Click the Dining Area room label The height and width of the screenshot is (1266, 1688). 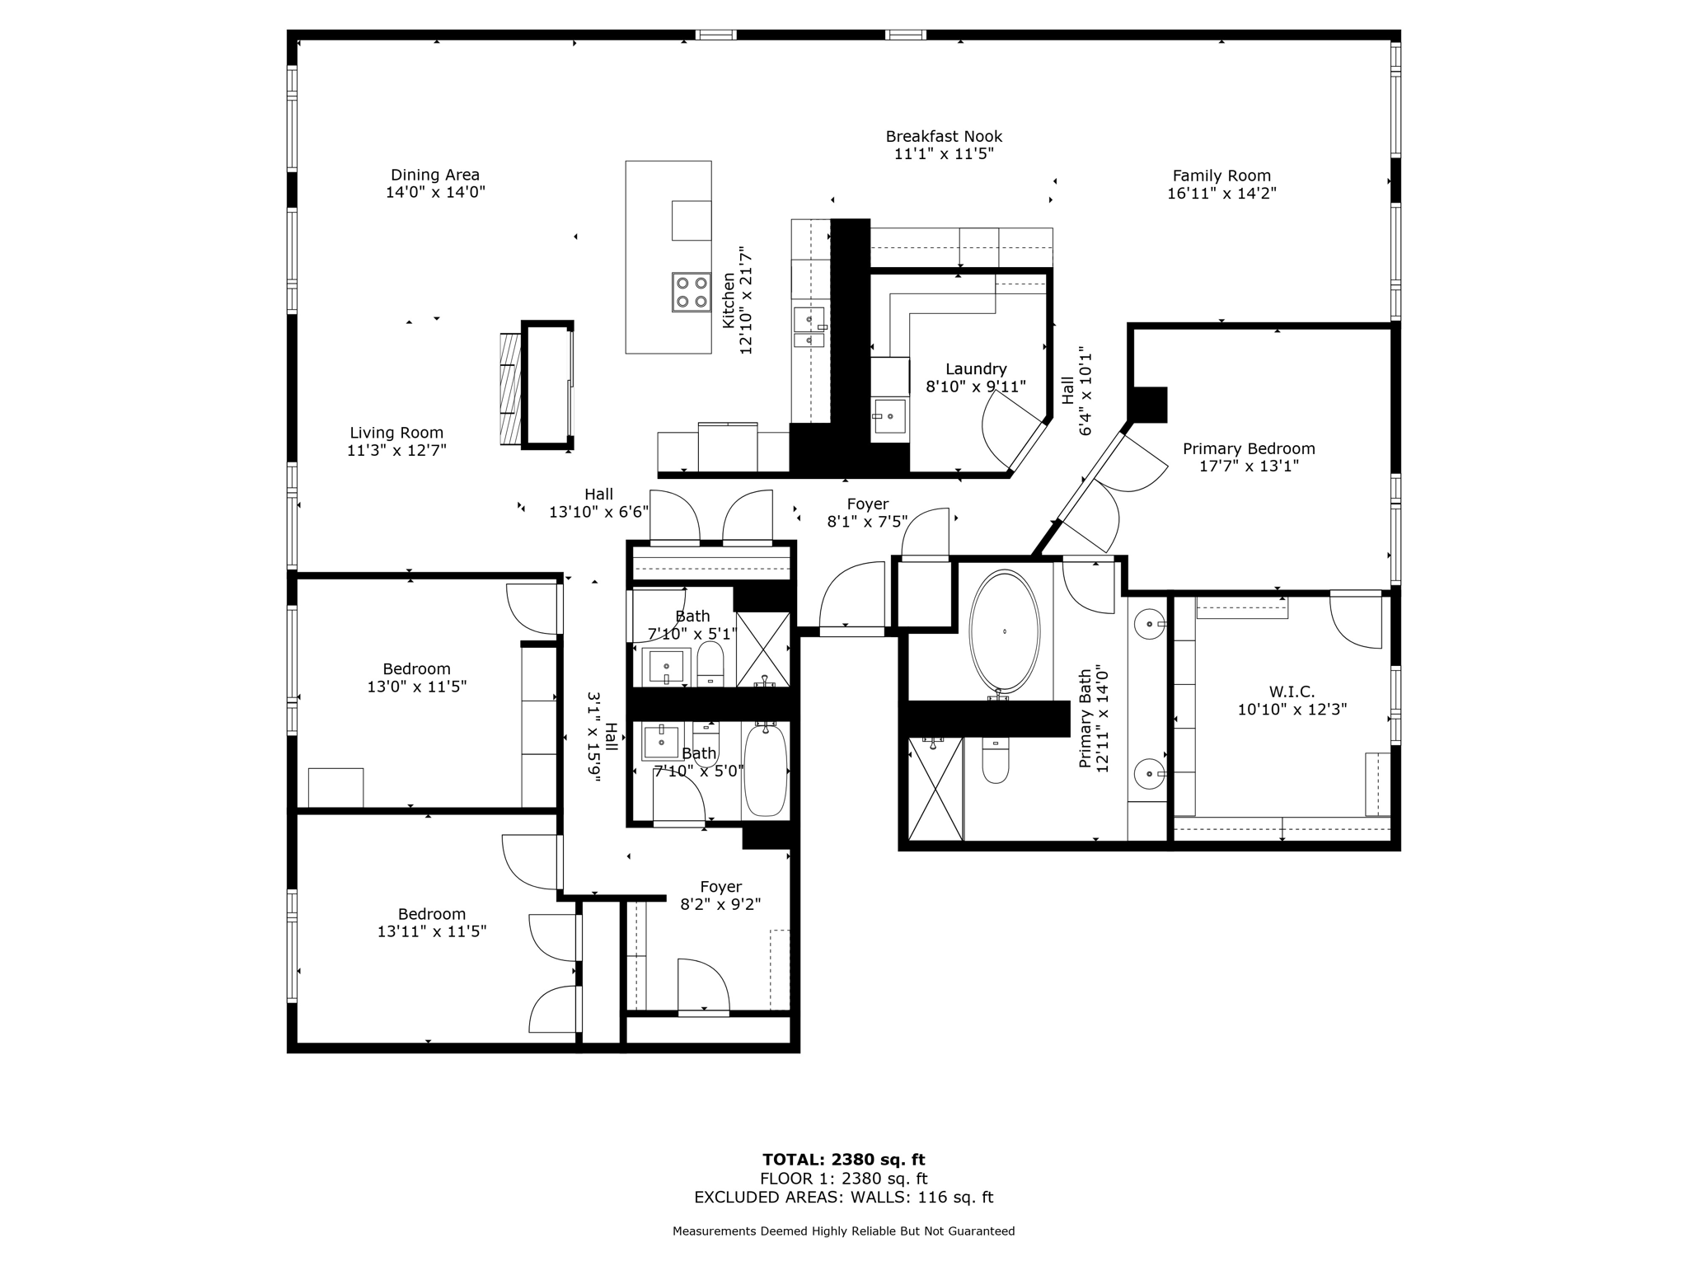click(x=434, y=175)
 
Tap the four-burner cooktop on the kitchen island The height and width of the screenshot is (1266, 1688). click(x=692, y=293)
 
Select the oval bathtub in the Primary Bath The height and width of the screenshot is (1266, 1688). click(x=1004, y=631)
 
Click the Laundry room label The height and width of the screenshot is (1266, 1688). click(x=976, y=369)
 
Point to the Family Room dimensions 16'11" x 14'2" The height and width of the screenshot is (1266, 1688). click(x=1221, y=194)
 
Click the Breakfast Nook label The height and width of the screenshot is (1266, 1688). click(x=944, y=137)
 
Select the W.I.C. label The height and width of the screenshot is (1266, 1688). click(x=1292, y=692)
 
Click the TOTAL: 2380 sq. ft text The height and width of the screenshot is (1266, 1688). click(x=843, y=1160)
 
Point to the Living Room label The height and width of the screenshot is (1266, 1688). click(x=396, y=433)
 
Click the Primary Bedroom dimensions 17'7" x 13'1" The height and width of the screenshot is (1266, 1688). click(x=1250, y=467)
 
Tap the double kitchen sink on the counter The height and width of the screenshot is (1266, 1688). click(x=809, y=326)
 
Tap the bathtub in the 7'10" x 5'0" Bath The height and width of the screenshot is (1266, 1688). click(x=765, y=770)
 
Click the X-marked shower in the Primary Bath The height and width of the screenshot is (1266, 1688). click(x=935, y=789)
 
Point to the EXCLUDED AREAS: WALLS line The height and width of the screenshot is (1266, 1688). click(x=843, y=1198)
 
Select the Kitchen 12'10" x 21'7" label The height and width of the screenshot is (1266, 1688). click(x=737, y=300)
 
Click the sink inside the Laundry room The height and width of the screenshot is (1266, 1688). click(x=889, y=416)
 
